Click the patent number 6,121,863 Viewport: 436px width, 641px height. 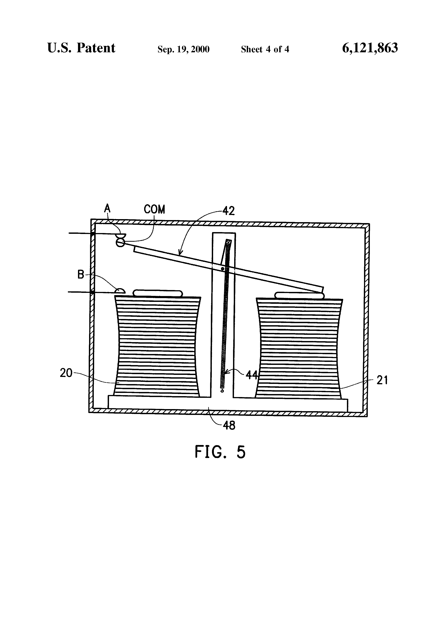coord(370,48)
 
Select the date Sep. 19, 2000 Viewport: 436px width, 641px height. coord(183,49)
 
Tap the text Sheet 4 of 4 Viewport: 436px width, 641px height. coord(265,49)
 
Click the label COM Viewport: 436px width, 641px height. coord(154,210)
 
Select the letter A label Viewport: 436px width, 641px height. coord(107,208)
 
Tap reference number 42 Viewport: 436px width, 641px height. coord(229,211)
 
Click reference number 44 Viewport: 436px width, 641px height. coord(251,375)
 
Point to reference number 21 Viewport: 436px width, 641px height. coord(382,380)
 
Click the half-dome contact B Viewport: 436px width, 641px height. coord(120,291)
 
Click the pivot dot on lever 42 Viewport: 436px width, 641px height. coord(222,269)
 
